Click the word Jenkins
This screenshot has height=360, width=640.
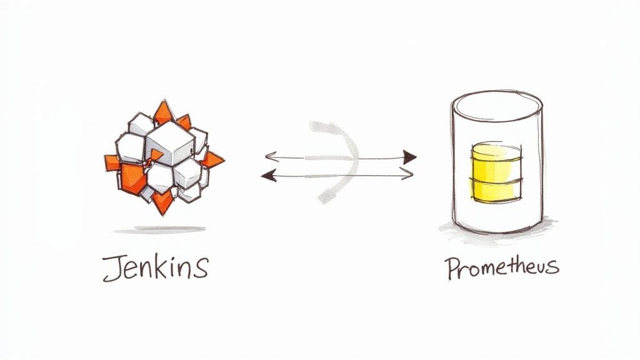pyautogui.click(x=156, y=268)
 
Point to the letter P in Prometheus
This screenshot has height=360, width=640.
pyautogui.click(x=452, y=268)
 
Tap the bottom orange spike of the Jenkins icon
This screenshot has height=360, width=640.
pyautogui.click(x=162, y=203)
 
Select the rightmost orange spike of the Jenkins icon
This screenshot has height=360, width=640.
pyautogui.click(x=213, y=159)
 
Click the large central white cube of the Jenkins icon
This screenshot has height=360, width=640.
pyautogui.click(x=170, y=143)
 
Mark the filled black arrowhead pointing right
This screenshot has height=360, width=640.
pyautogui.click(x=409, y=157)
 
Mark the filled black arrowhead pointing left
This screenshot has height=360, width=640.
pyautogui.click(x=267, y=176)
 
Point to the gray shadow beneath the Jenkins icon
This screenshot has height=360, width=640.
pyautogui.click(x=159, y=230)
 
